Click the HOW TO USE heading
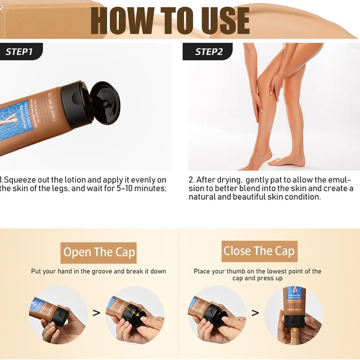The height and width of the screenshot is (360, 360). point(170,21)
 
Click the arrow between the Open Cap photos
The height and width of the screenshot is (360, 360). point(96,312)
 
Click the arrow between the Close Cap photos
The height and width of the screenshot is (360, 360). point(255,312)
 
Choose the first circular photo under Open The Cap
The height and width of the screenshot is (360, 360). point(59,313)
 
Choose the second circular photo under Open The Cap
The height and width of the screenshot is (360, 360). point(133,313)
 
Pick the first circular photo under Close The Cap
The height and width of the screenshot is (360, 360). point(217,313)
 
